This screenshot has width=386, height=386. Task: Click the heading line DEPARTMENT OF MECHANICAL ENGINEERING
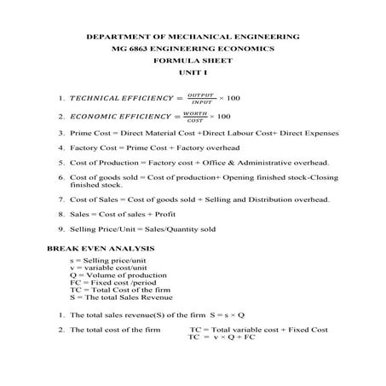[x=193, y=37]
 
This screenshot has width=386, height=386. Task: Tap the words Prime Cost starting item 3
[x=89, y=134]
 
